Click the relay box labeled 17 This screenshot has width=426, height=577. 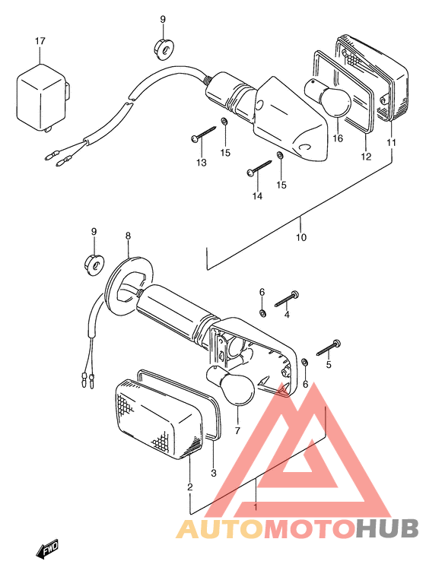pos(43,97)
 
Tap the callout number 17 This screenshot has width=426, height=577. pos(40,41)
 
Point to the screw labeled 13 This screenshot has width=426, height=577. pos(203,134)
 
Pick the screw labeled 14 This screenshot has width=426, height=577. pos(259,166)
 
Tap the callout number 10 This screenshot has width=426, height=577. pos(301,237)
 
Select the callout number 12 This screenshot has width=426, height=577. pos(366,157)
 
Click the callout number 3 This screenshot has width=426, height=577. pos(214,473)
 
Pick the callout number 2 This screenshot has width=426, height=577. pos(189,487)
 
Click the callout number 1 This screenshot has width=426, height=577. pos(255,507)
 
